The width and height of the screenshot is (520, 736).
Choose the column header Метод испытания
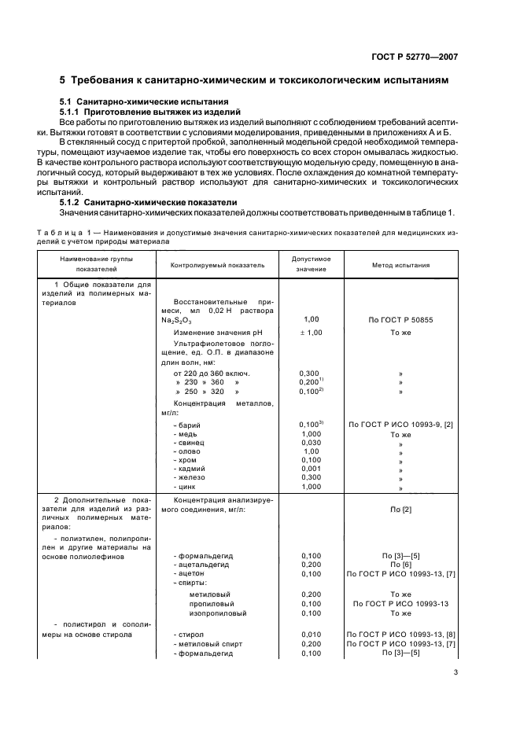400,265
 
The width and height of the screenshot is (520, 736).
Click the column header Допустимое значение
311,264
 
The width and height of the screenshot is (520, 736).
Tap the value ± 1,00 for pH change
311,333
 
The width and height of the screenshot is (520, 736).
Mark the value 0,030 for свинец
311,443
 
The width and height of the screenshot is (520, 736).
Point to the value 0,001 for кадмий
311,469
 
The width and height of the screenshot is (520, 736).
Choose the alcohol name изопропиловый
218,613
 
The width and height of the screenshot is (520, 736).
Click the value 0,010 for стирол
311,634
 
